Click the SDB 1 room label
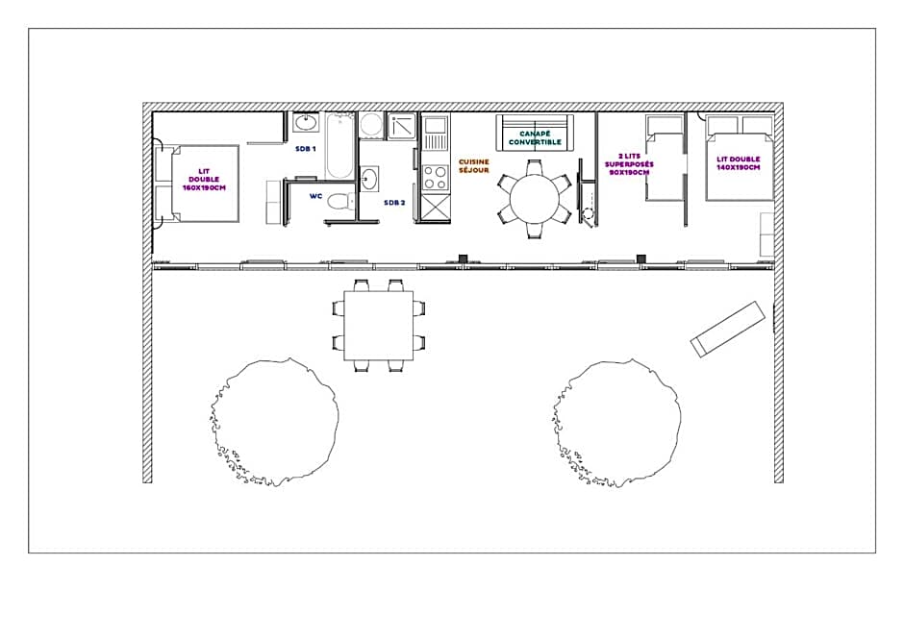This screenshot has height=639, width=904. pos(306,149)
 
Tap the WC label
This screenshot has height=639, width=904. pos(316,196)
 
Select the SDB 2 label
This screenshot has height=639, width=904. pos(394,203)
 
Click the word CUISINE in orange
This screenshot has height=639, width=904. pos(473,161)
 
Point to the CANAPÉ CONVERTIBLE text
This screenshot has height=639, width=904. pos(535,137)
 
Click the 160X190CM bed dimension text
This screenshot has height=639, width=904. pos(204,187)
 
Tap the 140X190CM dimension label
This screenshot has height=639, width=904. pos(739,167)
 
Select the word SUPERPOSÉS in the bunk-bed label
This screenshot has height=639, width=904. pos(629,164)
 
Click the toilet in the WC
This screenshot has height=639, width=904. pos(340,202)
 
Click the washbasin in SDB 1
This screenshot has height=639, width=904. pos(305,123)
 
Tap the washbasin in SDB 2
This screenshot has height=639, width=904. pos(369,178)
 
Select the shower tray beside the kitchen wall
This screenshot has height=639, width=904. pos(401,126)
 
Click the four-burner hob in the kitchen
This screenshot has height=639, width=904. pos(436,178)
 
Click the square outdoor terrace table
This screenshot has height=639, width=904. pos(379,326)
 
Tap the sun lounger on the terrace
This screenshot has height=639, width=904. pos(728,329)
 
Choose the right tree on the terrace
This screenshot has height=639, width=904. pos(616,424)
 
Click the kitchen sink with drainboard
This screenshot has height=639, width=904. pos(436,134)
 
